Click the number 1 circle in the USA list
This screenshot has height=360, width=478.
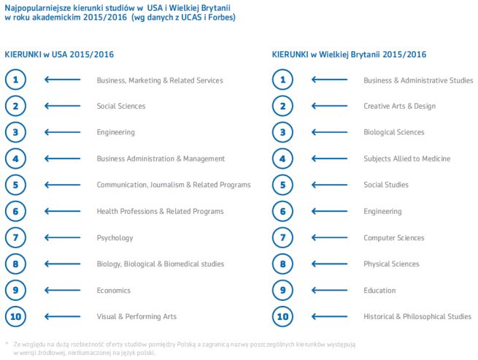(16, 80)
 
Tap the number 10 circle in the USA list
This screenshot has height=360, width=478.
(16, 316)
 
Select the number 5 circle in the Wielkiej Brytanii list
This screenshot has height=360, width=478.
(282, 185)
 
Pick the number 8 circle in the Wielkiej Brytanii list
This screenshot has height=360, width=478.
(282, 264)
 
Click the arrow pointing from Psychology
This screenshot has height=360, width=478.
(62, 237)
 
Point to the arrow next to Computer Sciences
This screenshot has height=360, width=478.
(329, 237)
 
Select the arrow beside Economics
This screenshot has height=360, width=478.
(62, 290)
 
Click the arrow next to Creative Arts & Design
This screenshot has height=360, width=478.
(329, 106)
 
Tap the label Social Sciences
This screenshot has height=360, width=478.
(121, 106)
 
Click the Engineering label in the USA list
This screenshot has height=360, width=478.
(115, 132)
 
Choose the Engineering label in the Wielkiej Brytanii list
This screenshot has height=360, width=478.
(382, 211)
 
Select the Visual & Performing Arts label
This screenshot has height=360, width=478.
(136, 316)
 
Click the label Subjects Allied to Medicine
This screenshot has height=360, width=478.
(406, 158)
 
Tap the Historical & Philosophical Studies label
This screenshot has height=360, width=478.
(417, 316)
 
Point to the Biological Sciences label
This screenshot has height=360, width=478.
(393, 132)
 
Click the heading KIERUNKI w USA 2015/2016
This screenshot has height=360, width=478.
(59, 54)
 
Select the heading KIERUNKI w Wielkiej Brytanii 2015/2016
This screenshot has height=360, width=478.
(349, 54)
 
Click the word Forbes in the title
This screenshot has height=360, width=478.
(221, 17)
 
